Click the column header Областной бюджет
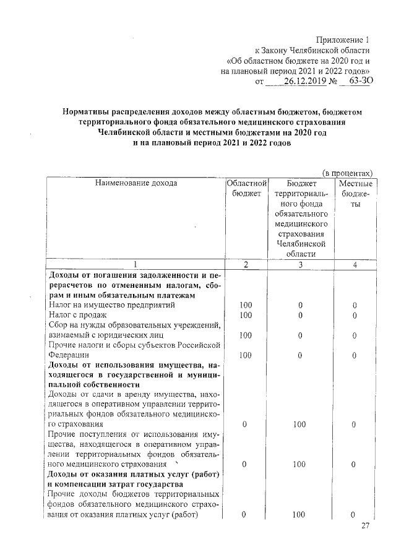pos(246,189)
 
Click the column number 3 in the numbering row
pos(301,265)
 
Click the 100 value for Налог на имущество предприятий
pos(246,305)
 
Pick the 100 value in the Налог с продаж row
pos(246,316)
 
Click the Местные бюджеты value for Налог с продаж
pos(355,316)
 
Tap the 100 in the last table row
pos(301,515)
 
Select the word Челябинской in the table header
pos(301,243)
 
